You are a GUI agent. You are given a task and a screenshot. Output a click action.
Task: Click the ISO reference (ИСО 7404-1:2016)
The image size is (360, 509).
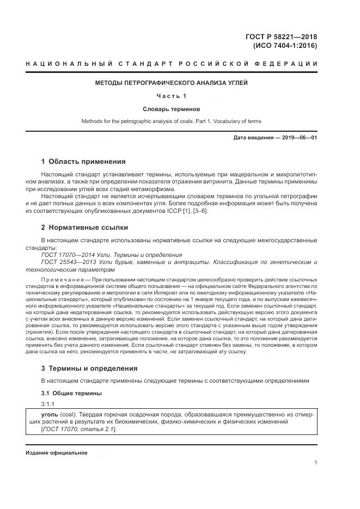(x=285, y=46)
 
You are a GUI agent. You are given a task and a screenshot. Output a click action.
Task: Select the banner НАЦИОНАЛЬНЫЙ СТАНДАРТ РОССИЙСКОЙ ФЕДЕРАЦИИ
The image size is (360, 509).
(x=172, y=65)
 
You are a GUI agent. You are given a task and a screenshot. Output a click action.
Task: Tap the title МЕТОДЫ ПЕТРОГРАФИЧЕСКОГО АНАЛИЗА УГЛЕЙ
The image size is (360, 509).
(x=172, y=83)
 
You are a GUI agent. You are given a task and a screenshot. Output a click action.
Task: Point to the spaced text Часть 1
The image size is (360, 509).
(x=172, y=96)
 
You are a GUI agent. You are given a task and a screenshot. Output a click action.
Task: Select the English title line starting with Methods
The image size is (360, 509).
(x=172, y=121)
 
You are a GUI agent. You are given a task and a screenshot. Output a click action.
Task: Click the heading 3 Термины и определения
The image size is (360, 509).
(x=89, y=369)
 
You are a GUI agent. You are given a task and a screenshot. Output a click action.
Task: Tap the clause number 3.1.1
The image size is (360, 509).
(x=48, y=404)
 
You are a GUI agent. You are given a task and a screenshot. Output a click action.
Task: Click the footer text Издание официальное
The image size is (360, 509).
(x=57, y=452)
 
